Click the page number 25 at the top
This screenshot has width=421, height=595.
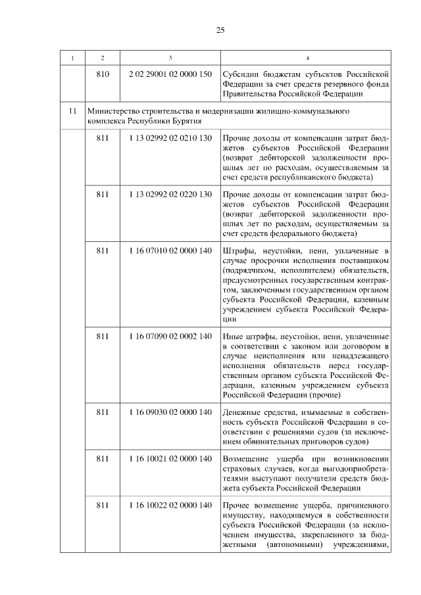click(220, 30)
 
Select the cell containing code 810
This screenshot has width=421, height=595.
click(103, 74)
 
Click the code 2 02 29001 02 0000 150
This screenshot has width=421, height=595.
click(170, 74)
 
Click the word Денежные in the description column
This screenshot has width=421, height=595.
click(243, 412)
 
